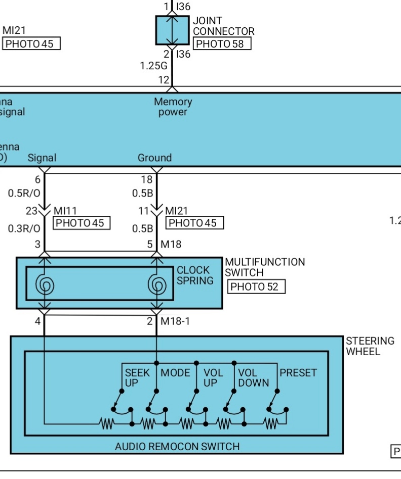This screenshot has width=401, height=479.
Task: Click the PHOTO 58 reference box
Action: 222,44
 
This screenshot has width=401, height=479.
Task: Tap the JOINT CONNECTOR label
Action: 223,26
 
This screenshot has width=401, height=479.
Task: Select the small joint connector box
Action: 172,30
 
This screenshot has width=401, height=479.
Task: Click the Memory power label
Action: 173,107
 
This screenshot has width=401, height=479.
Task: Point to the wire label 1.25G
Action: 153,66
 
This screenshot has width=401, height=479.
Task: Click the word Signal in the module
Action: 42,158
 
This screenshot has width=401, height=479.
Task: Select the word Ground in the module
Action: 154,158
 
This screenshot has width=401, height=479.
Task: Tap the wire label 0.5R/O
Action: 24,193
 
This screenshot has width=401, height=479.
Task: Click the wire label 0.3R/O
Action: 24,228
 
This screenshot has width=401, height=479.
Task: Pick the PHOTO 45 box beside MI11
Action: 81,223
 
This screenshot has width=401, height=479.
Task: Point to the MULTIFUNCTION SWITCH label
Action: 265,267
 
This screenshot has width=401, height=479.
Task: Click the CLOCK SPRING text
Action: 195,275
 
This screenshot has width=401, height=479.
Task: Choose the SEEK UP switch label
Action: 137,378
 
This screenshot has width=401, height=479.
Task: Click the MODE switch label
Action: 175,373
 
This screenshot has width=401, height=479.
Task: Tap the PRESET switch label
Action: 298,373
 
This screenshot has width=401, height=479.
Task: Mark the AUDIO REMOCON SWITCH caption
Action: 177,446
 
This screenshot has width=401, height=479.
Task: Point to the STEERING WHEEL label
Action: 370,346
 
